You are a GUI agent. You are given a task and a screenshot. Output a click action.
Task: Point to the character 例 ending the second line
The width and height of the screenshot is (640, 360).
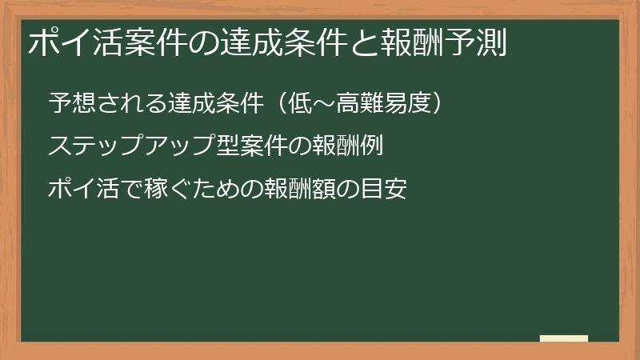tap(374, 146)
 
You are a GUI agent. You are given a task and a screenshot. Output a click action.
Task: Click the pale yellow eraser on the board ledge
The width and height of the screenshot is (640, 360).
tap(564, 338)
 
